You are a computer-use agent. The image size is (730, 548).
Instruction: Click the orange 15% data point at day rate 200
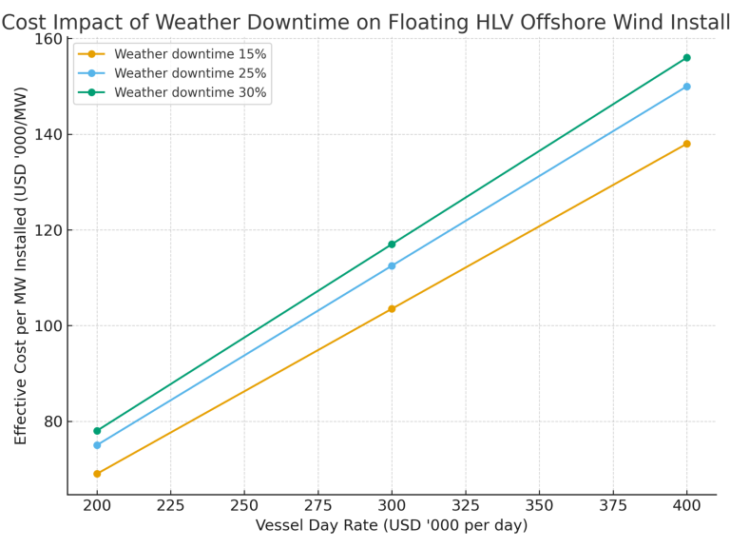[x=97, y=474]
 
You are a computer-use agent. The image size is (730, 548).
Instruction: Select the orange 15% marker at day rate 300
[x=392, y=309]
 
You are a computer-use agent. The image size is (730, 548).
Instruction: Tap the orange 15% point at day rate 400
[x=686, y=144]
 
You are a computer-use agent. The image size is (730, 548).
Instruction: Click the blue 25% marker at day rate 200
[x=97, y=445]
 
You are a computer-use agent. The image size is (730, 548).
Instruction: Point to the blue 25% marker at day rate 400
[x=686, y=87]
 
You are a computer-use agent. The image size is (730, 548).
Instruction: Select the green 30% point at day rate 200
[x=97, y=431]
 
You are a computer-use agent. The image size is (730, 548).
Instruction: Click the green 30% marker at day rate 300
[x=392, y=245]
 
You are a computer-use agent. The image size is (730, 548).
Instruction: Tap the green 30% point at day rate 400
[x=686, y=58]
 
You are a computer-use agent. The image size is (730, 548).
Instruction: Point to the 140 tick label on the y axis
[x=47, y=135]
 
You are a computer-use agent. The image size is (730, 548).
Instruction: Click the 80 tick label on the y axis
[x=51, y=421]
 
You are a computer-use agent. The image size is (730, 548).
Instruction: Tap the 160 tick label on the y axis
[x=47, y=39]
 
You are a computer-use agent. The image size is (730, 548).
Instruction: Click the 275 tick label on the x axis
[x=317, y=506]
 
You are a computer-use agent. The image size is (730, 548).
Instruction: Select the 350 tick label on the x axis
[x=539, y=506]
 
